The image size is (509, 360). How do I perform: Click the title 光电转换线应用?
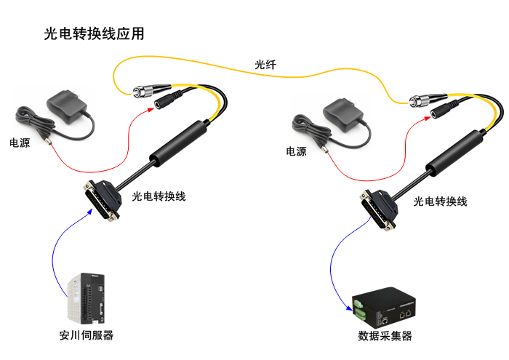pos(94,34)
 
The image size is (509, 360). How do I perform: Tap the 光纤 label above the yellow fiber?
pos(265,65)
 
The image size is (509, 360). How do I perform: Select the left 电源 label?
pos(20,143)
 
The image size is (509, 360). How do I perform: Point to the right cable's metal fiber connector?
pos(423,99)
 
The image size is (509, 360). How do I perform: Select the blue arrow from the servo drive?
pos(57,251)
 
